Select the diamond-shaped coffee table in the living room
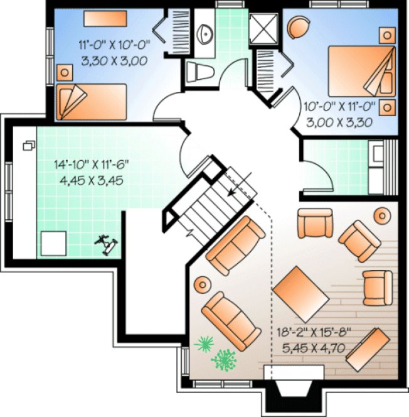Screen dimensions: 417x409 (301, 291)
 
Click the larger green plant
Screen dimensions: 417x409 (223, 360)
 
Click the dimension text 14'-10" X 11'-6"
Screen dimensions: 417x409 (92, 166)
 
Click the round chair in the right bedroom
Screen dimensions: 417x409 (299, 26)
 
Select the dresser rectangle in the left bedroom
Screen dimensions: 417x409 (105, 18)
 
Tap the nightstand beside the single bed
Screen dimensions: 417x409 (64, 72)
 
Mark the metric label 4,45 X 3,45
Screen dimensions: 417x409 (92, 180)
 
